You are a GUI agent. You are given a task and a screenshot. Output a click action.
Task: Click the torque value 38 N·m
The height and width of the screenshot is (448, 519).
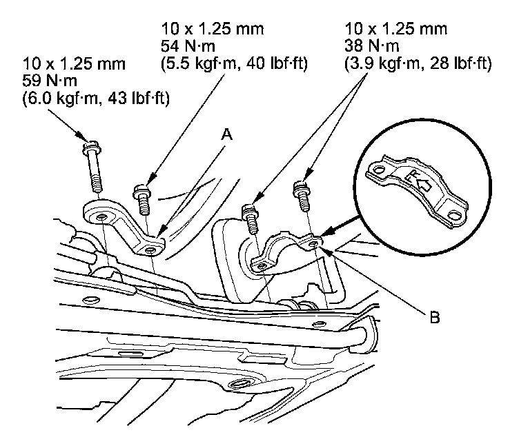(x=366, y=48)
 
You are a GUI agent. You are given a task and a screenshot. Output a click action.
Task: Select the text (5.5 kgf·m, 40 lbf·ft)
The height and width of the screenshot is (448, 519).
(x=234, y=65)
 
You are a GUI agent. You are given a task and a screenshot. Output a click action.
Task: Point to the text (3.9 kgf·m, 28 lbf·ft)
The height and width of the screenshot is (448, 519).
(x=417, y=65)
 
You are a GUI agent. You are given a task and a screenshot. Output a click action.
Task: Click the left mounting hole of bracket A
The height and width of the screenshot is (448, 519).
(x=101, y=217)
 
